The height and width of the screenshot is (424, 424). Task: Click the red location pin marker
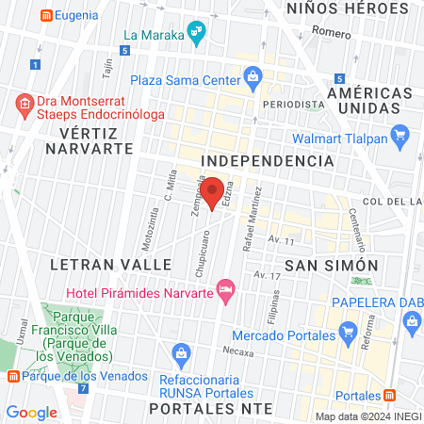[214, 191]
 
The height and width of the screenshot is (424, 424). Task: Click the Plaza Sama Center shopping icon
[252, 78]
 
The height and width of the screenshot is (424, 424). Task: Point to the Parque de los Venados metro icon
[12, 376]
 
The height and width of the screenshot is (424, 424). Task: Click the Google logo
[31, 412]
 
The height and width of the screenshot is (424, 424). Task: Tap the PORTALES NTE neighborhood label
[211, 409]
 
